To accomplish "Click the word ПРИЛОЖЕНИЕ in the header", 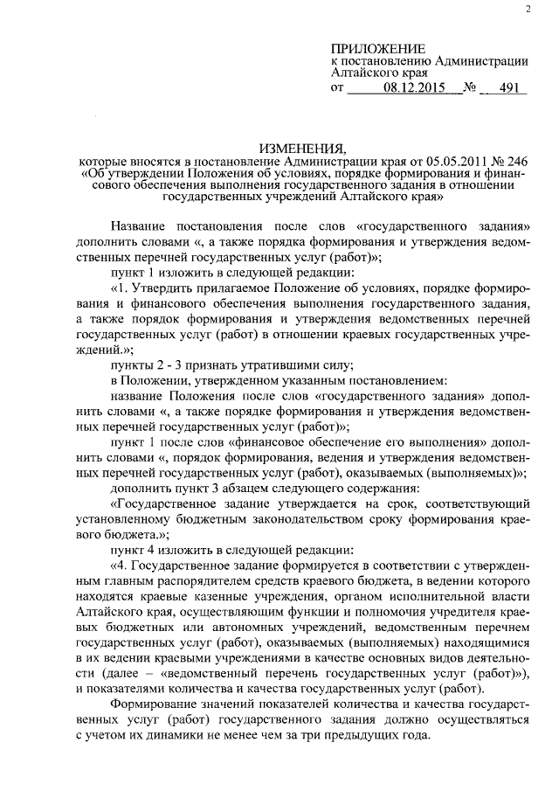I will (x=377, y=49).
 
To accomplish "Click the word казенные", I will (x=204, y=597).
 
